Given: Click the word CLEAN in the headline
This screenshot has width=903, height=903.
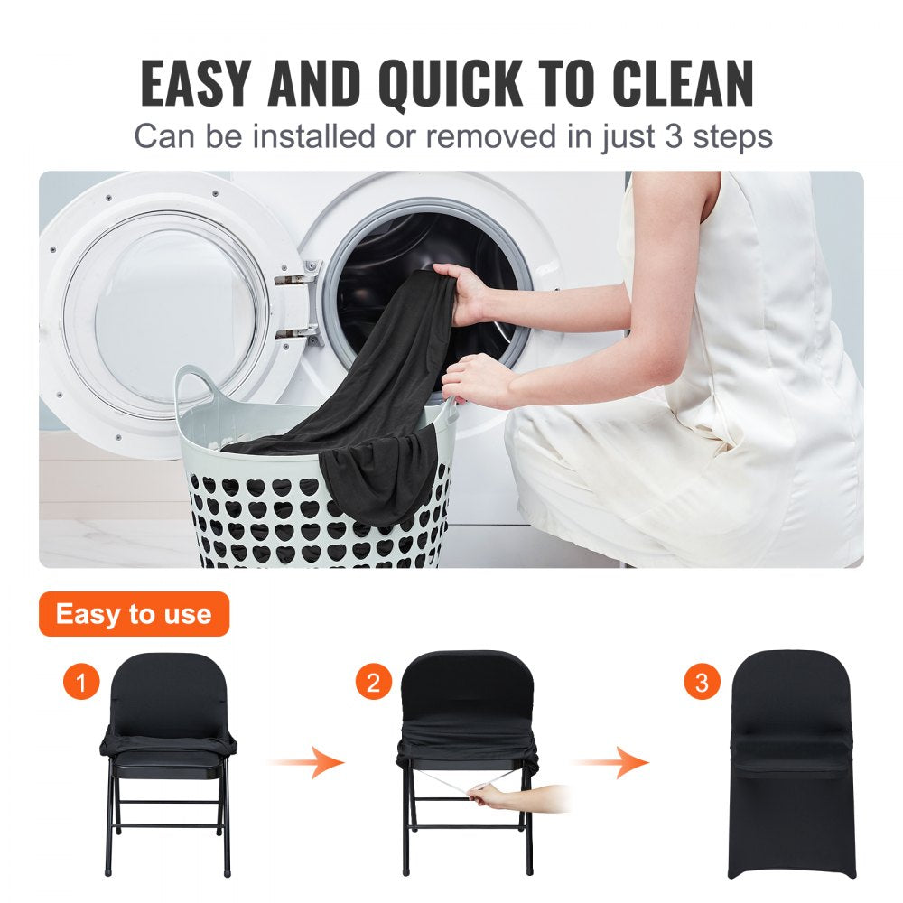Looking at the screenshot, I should (683, 84).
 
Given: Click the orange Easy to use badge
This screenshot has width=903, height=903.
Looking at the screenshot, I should (134, 615).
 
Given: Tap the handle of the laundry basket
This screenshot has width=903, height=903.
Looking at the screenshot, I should (193, 384).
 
